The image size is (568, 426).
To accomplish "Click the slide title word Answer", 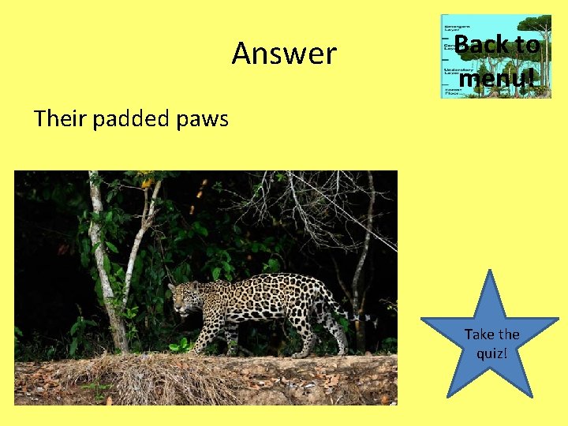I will pyautogui.click(x=284, y=54).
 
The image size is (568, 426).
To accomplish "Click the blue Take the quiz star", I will pyautogui.click(x=490, y=339).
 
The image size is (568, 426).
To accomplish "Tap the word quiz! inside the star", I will pyautogui.click(x=491, y=353).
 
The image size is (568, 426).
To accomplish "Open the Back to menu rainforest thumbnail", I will pyautogui.click(x=495, y=56).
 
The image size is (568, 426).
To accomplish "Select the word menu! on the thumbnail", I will pyautogui.click(x=497, y=78).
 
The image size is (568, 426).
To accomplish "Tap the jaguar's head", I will pyautogui.click(x=185, y=298).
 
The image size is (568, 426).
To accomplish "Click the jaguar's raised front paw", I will pyautogui.click(x=196, y=348).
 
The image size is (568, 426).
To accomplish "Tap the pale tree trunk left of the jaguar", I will pyautogui.click(x=106, y=276).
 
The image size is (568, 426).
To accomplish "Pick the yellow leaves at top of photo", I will pyautogui.click(x=148, y=182).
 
